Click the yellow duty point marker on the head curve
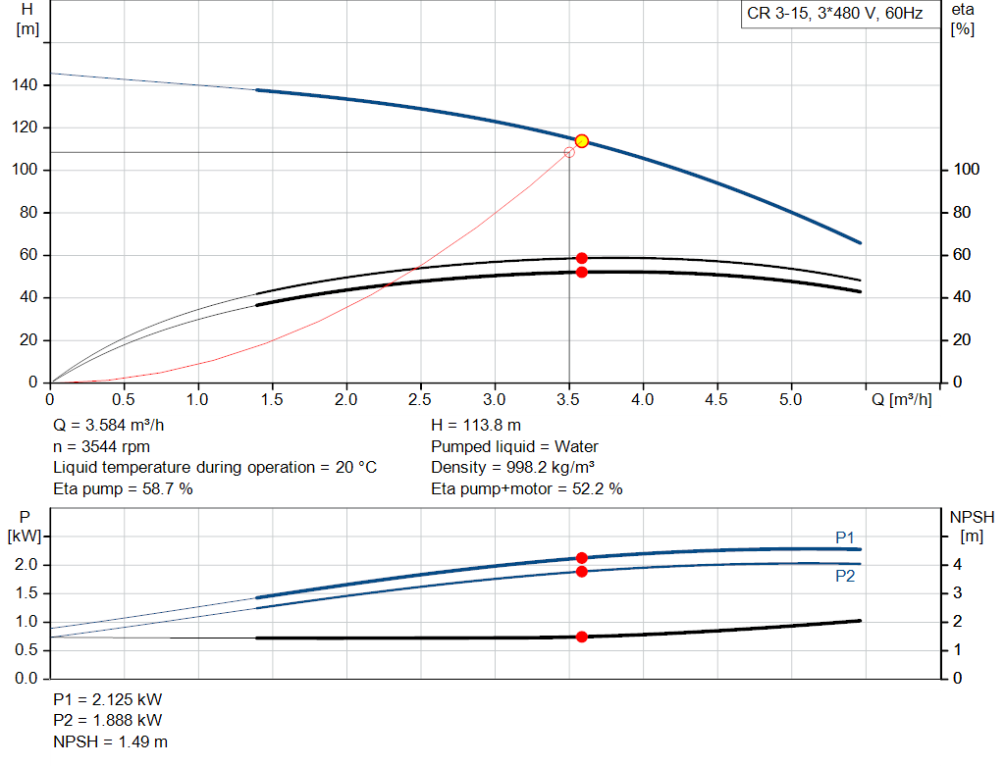tap(581, 141)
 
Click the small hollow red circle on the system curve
tap(569, 152)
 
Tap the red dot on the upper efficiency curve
tap(581, 258)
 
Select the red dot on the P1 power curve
tap(581, 557)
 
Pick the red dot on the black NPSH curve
tap(581, 637)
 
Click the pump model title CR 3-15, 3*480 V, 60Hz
tap(835, 15)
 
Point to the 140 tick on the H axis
tap(25, 85)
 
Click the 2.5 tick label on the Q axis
tap(420, 400)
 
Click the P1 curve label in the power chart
tap(845, 536)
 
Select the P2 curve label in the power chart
tap(845, 577)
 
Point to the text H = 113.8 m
tap(476, 426)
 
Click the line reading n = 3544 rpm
tap(102, 446)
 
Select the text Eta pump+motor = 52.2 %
tap(526, 488)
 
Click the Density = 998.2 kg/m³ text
tap(512, 467)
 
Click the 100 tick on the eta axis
tap(967, 171)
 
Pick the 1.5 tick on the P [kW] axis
tap(26, 593)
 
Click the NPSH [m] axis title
tap(972, 526)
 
